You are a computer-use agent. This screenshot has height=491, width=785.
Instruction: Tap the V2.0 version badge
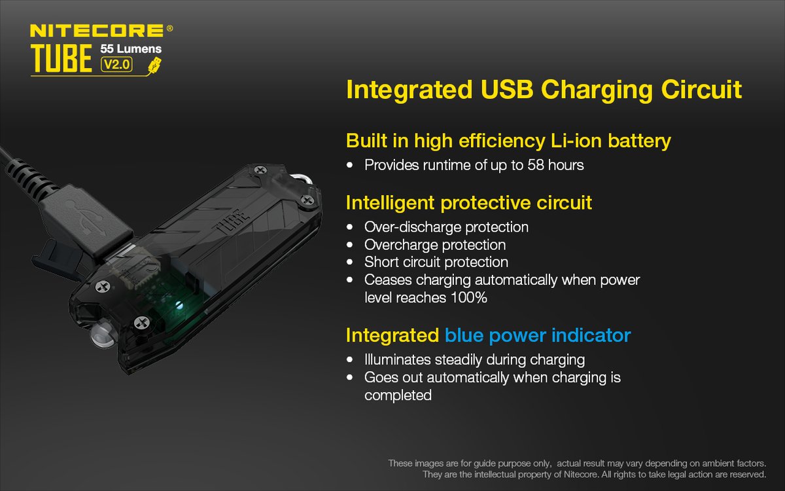pos(116,64)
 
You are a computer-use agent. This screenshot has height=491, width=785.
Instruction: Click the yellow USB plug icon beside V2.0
pos(154,64)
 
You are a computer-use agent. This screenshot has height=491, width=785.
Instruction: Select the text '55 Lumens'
pos(131,48)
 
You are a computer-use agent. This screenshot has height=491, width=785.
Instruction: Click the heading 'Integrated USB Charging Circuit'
pos(544,90)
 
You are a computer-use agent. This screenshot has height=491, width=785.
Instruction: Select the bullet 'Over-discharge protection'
pos(446,227)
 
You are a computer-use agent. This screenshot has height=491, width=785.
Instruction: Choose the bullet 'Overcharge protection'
pos(435,245)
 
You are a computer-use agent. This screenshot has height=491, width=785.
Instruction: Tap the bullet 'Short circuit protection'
pos(436,263)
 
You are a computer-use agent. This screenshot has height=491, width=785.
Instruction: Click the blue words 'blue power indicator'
pos(538,335)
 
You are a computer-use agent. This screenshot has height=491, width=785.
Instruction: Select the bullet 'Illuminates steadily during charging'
pos(474,359)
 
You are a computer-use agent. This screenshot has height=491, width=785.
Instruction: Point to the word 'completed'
pos(398,395)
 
